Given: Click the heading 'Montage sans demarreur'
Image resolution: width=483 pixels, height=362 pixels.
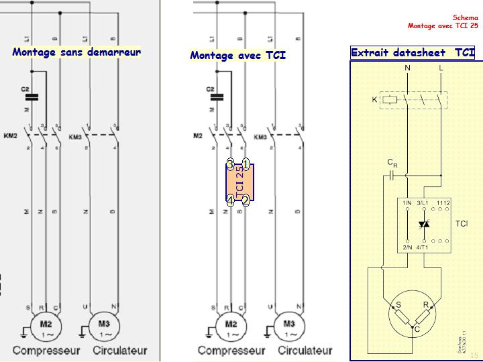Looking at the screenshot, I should [x=76, y=52].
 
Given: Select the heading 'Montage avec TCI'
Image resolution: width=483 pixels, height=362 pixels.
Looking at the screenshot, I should [x=238, y=55].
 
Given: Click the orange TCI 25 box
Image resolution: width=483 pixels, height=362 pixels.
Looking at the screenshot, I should [x=239, y=182].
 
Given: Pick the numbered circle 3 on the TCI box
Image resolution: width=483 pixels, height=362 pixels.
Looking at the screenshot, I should [x=230, y=164].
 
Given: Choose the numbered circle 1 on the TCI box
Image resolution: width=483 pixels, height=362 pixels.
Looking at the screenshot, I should [x=246, y=164].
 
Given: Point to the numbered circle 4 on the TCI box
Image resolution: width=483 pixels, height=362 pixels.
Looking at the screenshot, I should [x=230, y=200].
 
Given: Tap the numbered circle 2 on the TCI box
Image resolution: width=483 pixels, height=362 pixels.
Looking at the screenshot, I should [x=246, y=200].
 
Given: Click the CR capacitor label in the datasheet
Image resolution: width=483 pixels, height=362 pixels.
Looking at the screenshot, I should [x=392, y=163].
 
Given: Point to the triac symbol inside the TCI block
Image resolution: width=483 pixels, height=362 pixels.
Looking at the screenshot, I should [x=423, y=224].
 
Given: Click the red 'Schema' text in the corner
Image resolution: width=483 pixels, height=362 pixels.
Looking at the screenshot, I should [x=465, y=17].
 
